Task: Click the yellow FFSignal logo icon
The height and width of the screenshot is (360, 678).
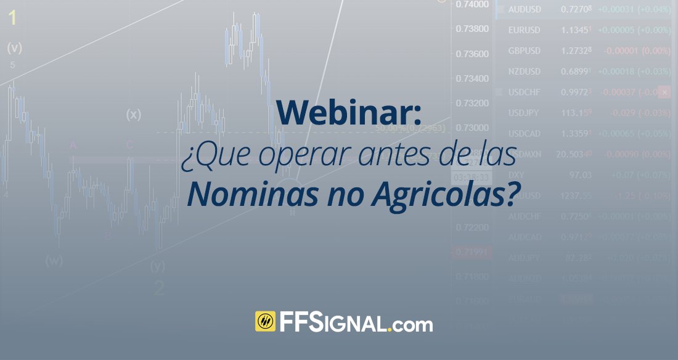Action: [265, 322]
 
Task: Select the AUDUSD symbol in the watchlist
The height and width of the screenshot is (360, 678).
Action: [525, 9]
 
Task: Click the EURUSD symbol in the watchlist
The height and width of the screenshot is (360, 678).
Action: [525, 30]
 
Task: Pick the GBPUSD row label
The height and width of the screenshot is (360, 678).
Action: [525, 51]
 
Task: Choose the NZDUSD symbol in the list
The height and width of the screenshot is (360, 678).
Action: [525, 72]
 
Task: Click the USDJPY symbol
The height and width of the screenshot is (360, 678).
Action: [524, 113]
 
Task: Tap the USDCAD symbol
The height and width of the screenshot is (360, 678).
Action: [525, 134]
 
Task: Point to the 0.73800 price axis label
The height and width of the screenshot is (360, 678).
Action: [472, 29]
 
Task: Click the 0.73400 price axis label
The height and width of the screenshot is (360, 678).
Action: [472, 79]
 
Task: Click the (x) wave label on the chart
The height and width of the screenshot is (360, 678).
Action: [134, 114]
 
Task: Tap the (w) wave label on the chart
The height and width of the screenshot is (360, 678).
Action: [54, 260]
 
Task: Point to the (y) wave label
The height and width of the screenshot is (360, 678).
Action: [158, 266]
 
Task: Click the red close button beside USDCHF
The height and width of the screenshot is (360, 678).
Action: [664, 92]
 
